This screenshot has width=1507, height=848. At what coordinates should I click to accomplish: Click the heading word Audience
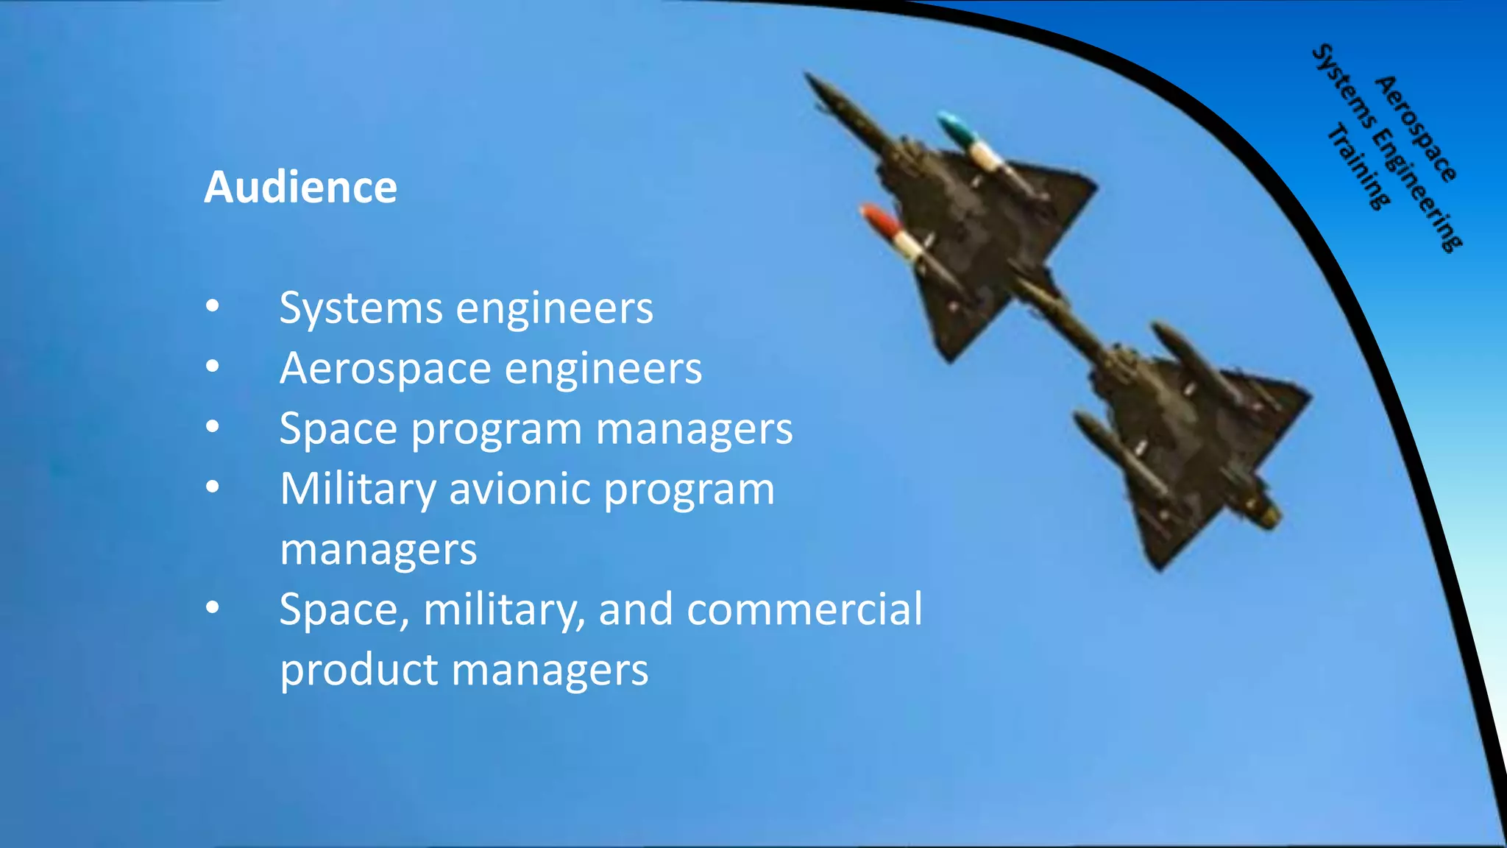[x=300, y=187]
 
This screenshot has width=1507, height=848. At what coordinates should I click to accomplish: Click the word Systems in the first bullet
[x=361, y=308]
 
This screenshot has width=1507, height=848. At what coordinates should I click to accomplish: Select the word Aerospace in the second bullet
[x=385, y=368]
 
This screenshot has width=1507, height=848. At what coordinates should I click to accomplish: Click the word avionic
[x=520, y=489]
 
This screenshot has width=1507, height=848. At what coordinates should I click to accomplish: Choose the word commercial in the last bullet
[x=804, y=609]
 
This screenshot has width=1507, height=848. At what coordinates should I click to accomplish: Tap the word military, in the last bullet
[x=504, y=609]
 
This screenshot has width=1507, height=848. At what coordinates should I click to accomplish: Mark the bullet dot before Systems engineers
[x=213, y=306]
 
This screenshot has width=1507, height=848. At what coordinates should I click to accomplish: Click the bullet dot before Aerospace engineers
[x=213, y=366]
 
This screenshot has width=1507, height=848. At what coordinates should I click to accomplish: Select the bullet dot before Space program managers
[x=213, y=426]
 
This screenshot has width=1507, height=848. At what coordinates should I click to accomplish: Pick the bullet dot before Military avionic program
[x=213, y=487]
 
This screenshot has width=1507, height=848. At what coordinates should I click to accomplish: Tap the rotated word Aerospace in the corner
[x=1416, y=130]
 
